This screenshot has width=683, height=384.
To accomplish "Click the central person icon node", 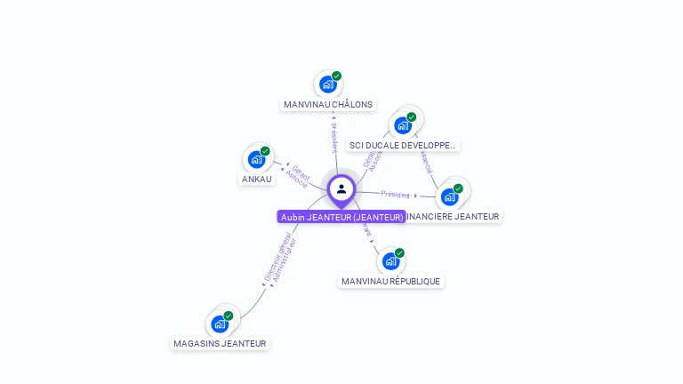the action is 341,188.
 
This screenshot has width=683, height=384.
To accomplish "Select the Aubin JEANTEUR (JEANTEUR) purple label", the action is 341,217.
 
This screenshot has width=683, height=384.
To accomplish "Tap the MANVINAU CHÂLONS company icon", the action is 328,84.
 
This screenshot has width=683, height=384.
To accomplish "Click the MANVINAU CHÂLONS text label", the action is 328,105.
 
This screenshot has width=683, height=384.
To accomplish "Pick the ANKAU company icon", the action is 257,160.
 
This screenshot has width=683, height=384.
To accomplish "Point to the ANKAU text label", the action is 257,180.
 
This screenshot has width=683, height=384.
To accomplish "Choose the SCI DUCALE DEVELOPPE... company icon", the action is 403,124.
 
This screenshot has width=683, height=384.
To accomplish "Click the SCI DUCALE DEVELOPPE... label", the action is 403,145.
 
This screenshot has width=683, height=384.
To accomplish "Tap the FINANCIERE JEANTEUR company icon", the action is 450,196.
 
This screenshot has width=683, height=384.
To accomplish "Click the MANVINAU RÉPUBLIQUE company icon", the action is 390,261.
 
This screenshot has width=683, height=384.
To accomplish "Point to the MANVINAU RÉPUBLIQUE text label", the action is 390,282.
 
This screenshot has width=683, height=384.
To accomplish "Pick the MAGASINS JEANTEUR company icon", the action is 220,324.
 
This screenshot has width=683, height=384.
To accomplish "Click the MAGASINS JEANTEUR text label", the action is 220,344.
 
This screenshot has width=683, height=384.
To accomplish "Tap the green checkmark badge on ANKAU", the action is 265,151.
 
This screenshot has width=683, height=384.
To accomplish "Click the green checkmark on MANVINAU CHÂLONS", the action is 336,76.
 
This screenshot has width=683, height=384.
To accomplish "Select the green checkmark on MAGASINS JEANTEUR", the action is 228,316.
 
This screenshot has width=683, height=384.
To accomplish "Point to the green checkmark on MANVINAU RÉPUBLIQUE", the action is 399,253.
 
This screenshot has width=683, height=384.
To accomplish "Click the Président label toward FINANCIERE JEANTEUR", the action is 395,194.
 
